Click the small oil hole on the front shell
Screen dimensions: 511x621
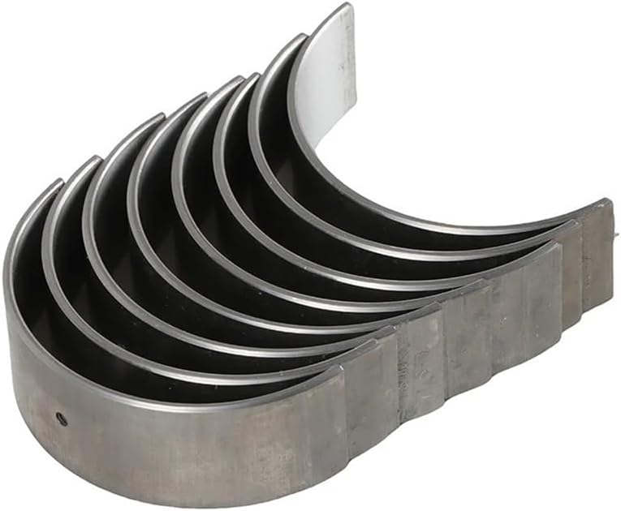pos(61,419)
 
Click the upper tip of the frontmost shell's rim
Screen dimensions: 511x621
pos(58,183)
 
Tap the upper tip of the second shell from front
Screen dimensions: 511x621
pos(96,159)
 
